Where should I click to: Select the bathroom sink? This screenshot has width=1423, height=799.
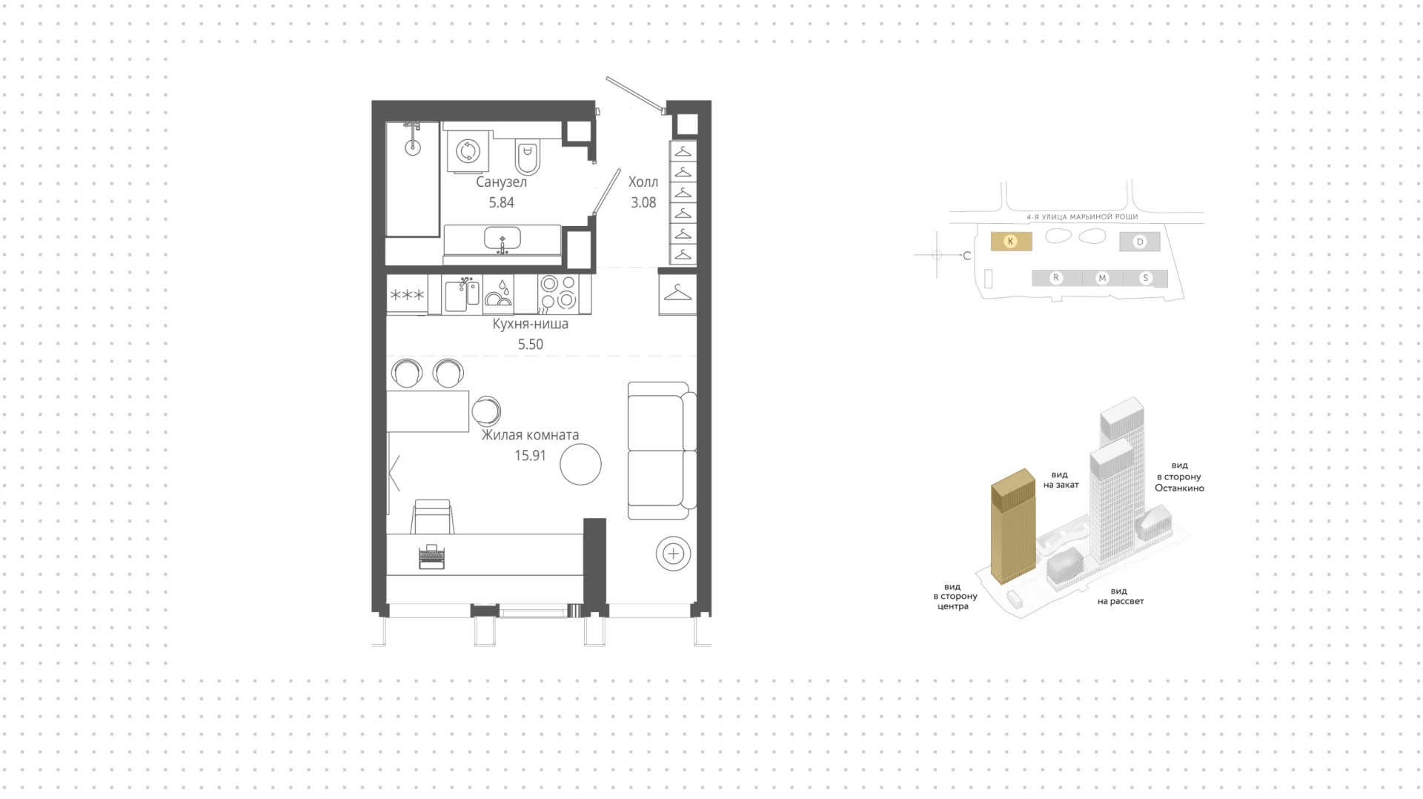pos(502,239)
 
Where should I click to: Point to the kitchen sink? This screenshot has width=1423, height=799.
pos(462,294)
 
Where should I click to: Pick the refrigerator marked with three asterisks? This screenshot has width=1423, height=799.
pos(407,295)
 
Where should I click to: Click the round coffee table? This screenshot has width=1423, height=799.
pos(580,464)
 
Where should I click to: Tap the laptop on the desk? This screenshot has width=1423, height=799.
pos(431,556)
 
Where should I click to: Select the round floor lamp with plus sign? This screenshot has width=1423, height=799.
pos(673,554)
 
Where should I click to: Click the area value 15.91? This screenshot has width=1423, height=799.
pos(530,456)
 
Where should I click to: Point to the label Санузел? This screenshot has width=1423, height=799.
pos(502,182)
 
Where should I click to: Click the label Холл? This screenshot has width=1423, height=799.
pos(643,182)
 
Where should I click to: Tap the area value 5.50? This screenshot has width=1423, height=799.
pos(530,345)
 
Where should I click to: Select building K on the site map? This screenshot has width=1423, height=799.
pos(1011,241)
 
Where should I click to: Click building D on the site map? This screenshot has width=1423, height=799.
pos(1140,242)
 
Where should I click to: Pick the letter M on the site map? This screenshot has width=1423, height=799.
pos(1102,278)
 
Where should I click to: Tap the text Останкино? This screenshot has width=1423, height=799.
pos(1179,488)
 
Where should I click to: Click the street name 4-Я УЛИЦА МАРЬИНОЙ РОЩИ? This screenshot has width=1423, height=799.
pos(1082,217)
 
